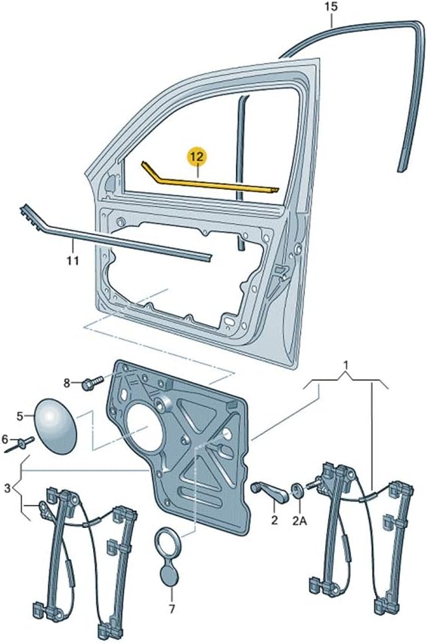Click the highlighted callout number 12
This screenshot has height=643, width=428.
point(197,157)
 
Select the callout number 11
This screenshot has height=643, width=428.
point(72,262)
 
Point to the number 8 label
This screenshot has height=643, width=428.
point(67,384)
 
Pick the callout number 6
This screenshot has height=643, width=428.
point(6,440)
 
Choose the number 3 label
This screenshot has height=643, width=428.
point(8,488)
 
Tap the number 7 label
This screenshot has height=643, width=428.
point(172,608)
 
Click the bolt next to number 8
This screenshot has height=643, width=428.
point(90,384)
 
